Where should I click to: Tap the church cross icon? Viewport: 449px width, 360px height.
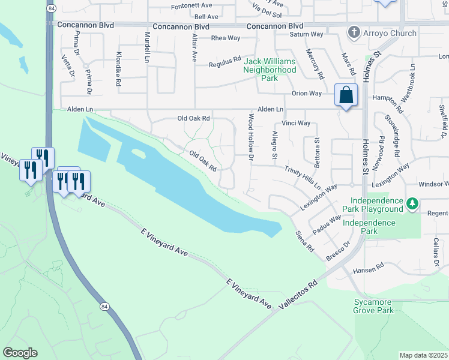pyautogui.click(x=355, y=32)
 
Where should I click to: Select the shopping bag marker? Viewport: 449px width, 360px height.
pyautogui.click(x=346, y=95)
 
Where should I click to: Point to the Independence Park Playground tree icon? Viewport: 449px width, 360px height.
pyautogui.click(x=412, y=205)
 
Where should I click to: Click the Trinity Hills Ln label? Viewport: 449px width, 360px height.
pyautogui.click(x=303, y=178)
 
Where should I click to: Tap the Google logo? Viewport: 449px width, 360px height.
pyautogui.click(x=20, y=353)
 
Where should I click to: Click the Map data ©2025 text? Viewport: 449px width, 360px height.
pyautogui.click(x=424, y=355)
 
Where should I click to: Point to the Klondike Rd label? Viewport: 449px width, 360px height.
pyautogui.click(x=118, y=66)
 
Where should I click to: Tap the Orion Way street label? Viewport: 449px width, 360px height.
pyautogui.click(x=307, y=94)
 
